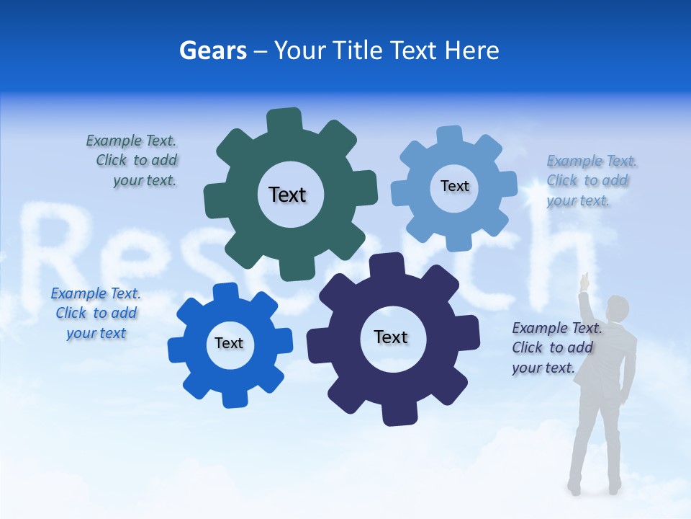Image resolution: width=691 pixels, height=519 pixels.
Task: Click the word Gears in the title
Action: [x=212, y=50]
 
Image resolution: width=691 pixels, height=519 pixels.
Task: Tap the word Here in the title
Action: [x=471, y=50]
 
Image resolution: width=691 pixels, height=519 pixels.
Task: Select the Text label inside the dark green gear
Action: [x=287, y=195]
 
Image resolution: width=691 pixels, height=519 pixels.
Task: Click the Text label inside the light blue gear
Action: [x=454, y=186]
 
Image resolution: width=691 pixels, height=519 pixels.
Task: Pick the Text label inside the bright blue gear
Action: [x=229, y=343]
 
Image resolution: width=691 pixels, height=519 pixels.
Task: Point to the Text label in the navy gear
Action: [x=391, y=337]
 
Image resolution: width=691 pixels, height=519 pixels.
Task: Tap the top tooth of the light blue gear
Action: [x=449, y=136]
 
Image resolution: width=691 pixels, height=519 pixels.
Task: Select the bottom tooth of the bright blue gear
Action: [x=234, y=398]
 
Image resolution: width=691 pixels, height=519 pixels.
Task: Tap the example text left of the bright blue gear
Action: [x=96, y=313]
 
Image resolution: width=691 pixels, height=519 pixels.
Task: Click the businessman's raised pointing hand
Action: [x=585, y=279]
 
